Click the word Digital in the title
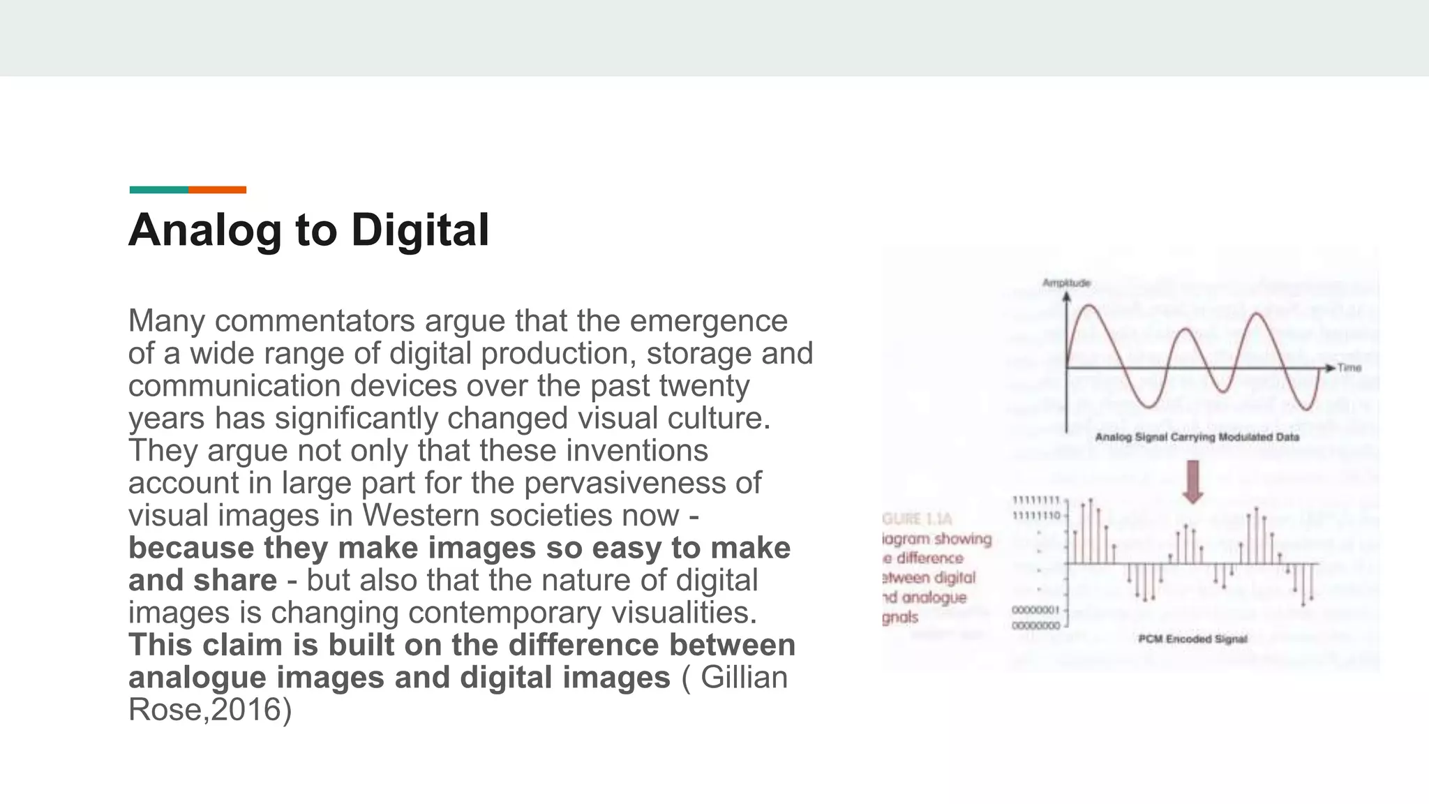coord(419,230)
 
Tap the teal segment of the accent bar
coord(158,190)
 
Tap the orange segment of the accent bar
coord(217,190)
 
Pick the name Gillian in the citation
coord(744,678)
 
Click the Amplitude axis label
coord(1065,283)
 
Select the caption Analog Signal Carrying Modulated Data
coord(1197,438)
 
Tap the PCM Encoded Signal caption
coord(1192,639)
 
